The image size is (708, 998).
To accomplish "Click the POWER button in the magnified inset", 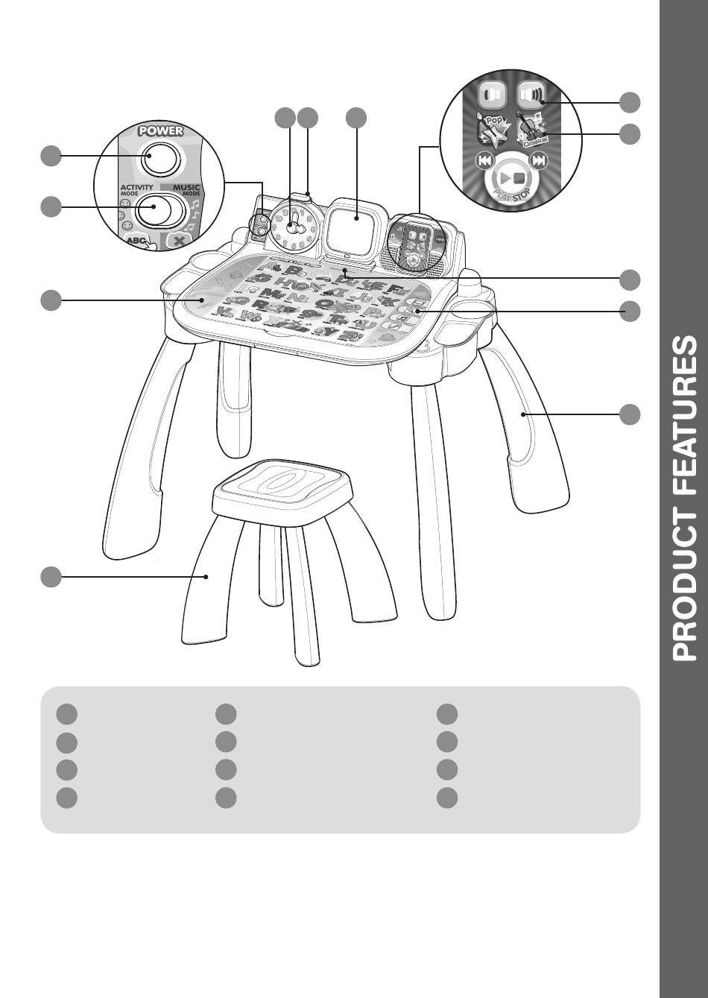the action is pyautogui.click(x=162, y=157).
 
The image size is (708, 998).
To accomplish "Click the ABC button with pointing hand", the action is pyautogui.click(x=139, y=241).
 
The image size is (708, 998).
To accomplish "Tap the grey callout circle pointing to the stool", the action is pyautogui.click(x=51, y=576).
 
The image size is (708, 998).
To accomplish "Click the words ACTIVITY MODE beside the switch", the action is pyautogui.click(x=136, y=189).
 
